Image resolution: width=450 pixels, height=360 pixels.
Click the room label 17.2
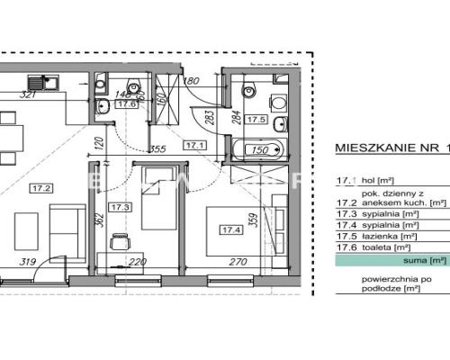[40, 188]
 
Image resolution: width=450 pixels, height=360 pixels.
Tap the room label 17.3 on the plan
[120, 206]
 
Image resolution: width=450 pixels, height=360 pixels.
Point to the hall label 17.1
[195, 143]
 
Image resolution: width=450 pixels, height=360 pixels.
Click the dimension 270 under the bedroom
[238, 263]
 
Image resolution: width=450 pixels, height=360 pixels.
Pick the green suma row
[391, 260]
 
